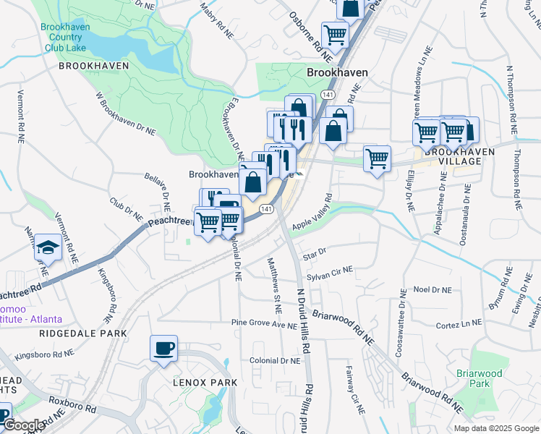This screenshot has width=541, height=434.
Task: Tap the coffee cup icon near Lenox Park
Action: [163, 348]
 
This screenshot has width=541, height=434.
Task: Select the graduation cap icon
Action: [48, 247]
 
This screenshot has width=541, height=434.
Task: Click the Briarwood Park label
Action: [479, 378]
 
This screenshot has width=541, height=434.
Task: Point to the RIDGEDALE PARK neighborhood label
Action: [83, 333]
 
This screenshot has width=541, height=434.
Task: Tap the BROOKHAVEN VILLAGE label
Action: [459, 156]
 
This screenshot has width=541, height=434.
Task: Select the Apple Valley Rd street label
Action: [312, 213]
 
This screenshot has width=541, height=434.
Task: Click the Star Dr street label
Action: [315, 255]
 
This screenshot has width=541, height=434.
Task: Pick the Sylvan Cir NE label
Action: [330, 273]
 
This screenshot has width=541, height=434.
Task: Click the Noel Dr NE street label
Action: [432, 289]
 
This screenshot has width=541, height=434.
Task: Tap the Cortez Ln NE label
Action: [459, 325]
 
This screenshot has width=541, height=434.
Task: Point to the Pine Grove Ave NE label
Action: [260, 323]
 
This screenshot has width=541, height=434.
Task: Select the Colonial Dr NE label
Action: [274, 360]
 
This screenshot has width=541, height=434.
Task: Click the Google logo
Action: [24, 425]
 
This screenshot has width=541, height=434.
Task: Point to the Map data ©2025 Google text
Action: [496, 428]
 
